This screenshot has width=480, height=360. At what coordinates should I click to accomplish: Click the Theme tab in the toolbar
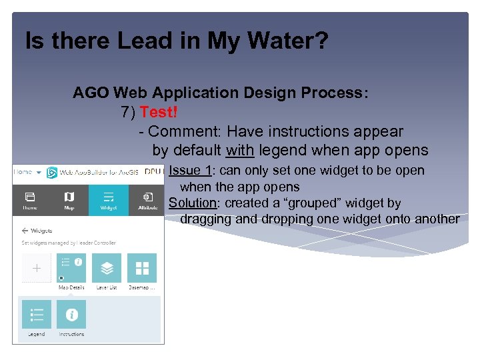(31, 200)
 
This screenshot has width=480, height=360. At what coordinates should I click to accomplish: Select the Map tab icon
(69, 200)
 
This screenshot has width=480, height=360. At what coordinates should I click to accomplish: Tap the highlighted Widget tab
(108, 200)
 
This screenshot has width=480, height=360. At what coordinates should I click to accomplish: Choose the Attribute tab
(147, 200)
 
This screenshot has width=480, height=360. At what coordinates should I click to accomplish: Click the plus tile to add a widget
(36, 268)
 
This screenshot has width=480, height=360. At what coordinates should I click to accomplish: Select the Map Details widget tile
(71, 268)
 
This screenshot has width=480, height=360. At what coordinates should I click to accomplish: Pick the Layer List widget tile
(107, 268)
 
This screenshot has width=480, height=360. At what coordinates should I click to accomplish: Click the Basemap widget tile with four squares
(142, 268)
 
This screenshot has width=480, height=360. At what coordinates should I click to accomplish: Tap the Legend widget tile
(37, 315)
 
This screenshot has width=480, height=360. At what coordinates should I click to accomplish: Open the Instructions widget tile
(71, 315)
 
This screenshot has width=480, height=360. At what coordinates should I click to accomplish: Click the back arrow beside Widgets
(25, 231)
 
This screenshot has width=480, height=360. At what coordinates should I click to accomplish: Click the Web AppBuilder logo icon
(52, 172)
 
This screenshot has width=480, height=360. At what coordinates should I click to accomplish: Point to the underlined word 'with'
(239, 150)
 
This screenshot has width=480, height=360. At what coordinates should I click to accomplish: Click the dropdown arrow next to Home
(39, 172)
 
